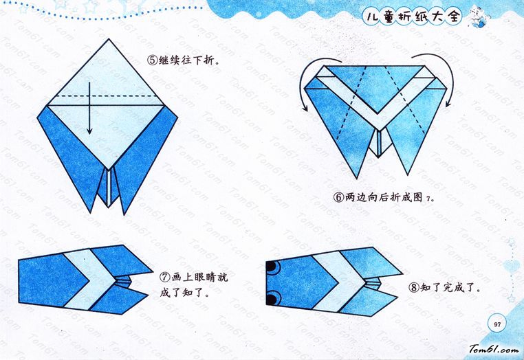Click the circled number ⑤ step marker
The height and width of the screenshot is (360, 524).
coord(153,60)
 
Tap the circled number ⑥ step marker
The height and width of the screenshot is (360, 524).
coord(338,198)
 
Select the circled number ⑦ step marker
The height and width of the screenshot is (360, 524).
coord(164,277)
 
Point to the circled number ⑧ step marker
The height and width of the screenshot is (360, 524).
coord(414,287)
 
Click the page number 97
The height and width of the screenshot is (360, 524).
coord(497,324)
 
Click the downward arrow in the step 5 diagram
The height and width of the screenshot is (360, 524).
coord(89,108)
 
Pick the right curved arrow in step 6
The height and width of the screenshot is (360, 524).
coord(444,77)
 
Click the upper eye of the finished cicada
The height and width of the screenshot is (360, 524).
coord(272,267)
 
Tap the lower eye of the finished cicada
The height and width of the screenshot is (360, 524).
coord(272,297)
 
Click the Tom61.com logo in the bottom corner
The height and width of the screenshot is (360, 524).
coord(494,349)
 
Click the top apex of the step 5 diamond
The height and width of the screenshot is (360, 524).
coord(109,39)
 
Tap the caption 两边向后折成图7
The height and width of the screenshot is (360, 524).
coord(389,198)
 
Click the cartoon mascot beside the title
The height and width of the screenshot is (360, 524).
coord(477,17)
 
